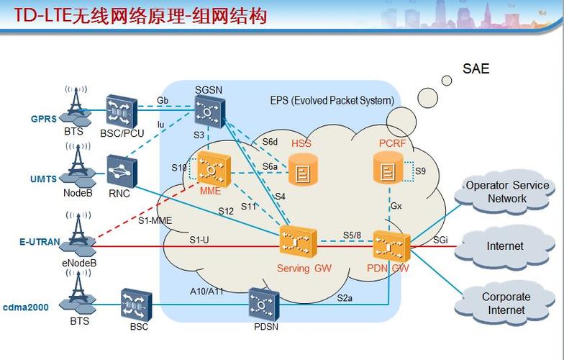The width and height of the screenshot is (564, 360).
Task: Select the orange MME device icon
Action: (213, 171)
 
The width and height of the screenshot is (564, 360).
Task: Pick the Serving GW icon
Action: (298, 243)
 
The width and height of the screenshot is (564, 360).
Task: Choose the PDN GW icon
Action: (391, 247)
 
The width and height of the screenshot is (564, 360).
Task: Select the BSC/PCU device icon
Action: (121, 110)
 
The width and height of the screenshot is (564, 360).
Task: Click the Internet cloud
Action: (505, 246)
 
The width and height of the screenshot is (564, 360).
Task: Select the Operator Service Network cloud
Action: (507, 192)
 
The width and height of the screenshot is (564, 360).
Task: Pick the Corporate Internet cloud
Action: (506, 303)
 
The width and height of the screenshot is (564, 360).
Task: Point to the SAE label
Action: (476, 69)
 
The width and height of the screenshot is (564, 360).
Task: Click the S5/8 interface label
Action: (352, 235)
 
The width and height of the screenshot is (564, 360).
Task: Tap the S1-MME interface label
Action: (155, 221)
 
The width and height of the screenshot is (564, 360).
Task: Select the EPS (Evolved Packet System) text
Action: (332, 101)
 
